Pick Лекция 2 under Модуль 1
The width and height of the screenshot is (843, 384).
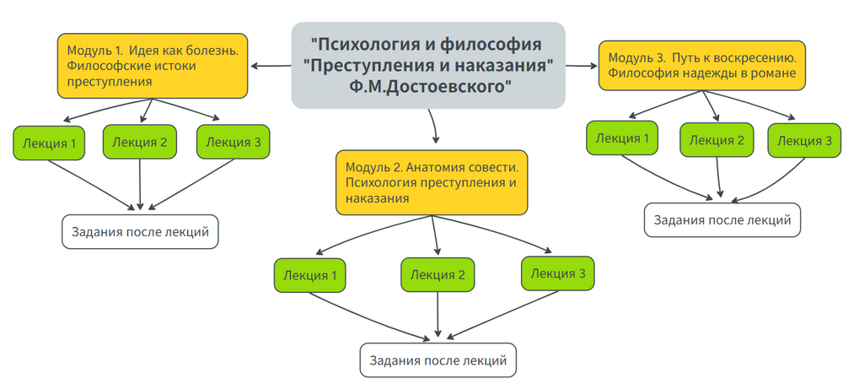[x=139, y=142]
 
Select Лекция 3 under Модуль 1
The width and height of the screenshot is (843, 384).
[x=234, y=142]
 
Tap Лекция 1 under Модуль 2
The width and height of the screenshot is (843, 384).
[x=310, y=275]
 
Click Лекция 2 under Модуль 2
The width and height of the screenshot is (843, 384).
[x=438, y=274]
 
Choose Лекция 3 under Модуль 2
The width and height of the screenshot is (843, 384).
[x=559, y=273]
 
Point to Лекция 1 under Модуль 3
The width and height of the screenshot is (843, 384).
[x=622, y=138]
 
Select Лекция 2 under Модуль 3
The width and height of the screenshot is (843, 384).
[x=717, y=140]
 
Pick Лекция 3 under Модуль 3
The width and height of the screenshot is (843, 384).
[x=804, y=140]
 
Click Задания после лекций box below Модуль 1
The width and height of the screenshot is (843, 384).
[x=140, y=232]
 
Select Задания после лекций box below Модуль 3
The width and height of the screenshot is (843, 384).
[x=722, y=220]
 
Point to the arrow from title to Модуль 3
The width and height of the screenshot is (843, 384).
[x=582, y=65]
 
